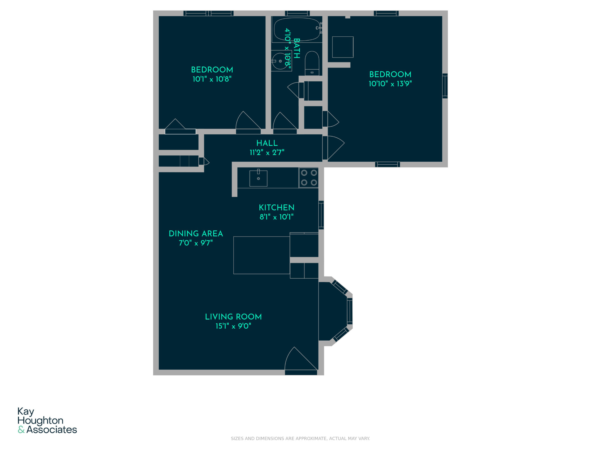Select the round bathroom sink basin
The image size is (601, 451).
coord(280,61)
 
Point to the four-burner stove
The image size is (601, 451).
coord(309,178)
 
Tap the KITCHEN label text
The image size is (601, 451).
coord(276,208)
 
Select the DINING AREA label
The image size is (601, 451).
coord(196,234)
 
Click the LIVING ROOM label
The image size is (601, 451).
coord(233,317)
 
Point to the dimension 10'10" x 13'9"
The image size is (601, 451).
coord(390,84)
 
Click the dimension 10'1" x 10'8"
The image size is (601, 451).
coord(212,79)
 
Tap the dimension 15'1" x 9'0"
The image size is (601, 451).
coord(233,326)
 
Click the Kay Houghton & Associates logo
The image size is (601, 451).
coord(47,420)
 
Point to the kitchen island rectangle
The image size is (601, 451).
coord(261,255)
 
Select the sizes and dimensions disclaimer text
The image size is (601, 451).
coord(300,439)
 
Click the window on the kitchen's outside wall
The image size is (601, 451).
coord(321,215)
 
